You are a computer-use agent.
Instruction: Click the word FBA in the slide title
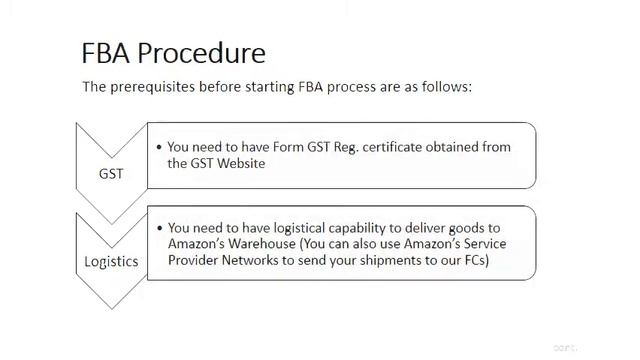click(107, 52)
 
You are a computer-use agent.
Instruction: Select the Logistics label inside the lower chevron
click(111, 262)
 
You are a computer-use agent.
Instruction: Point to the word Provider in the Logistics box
click(196, 261)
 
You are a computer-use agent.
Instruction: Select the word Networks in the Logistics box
click(259, 261)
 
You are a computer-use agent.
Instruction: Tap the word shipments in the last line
click(383, 261)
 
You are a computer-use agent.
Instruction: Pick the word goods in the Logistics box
click(469, 228)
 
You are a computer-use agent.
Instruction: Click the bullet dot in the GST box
click(159, 147)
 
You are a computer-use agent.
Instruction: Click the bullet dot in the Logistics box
click(159, 228)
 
